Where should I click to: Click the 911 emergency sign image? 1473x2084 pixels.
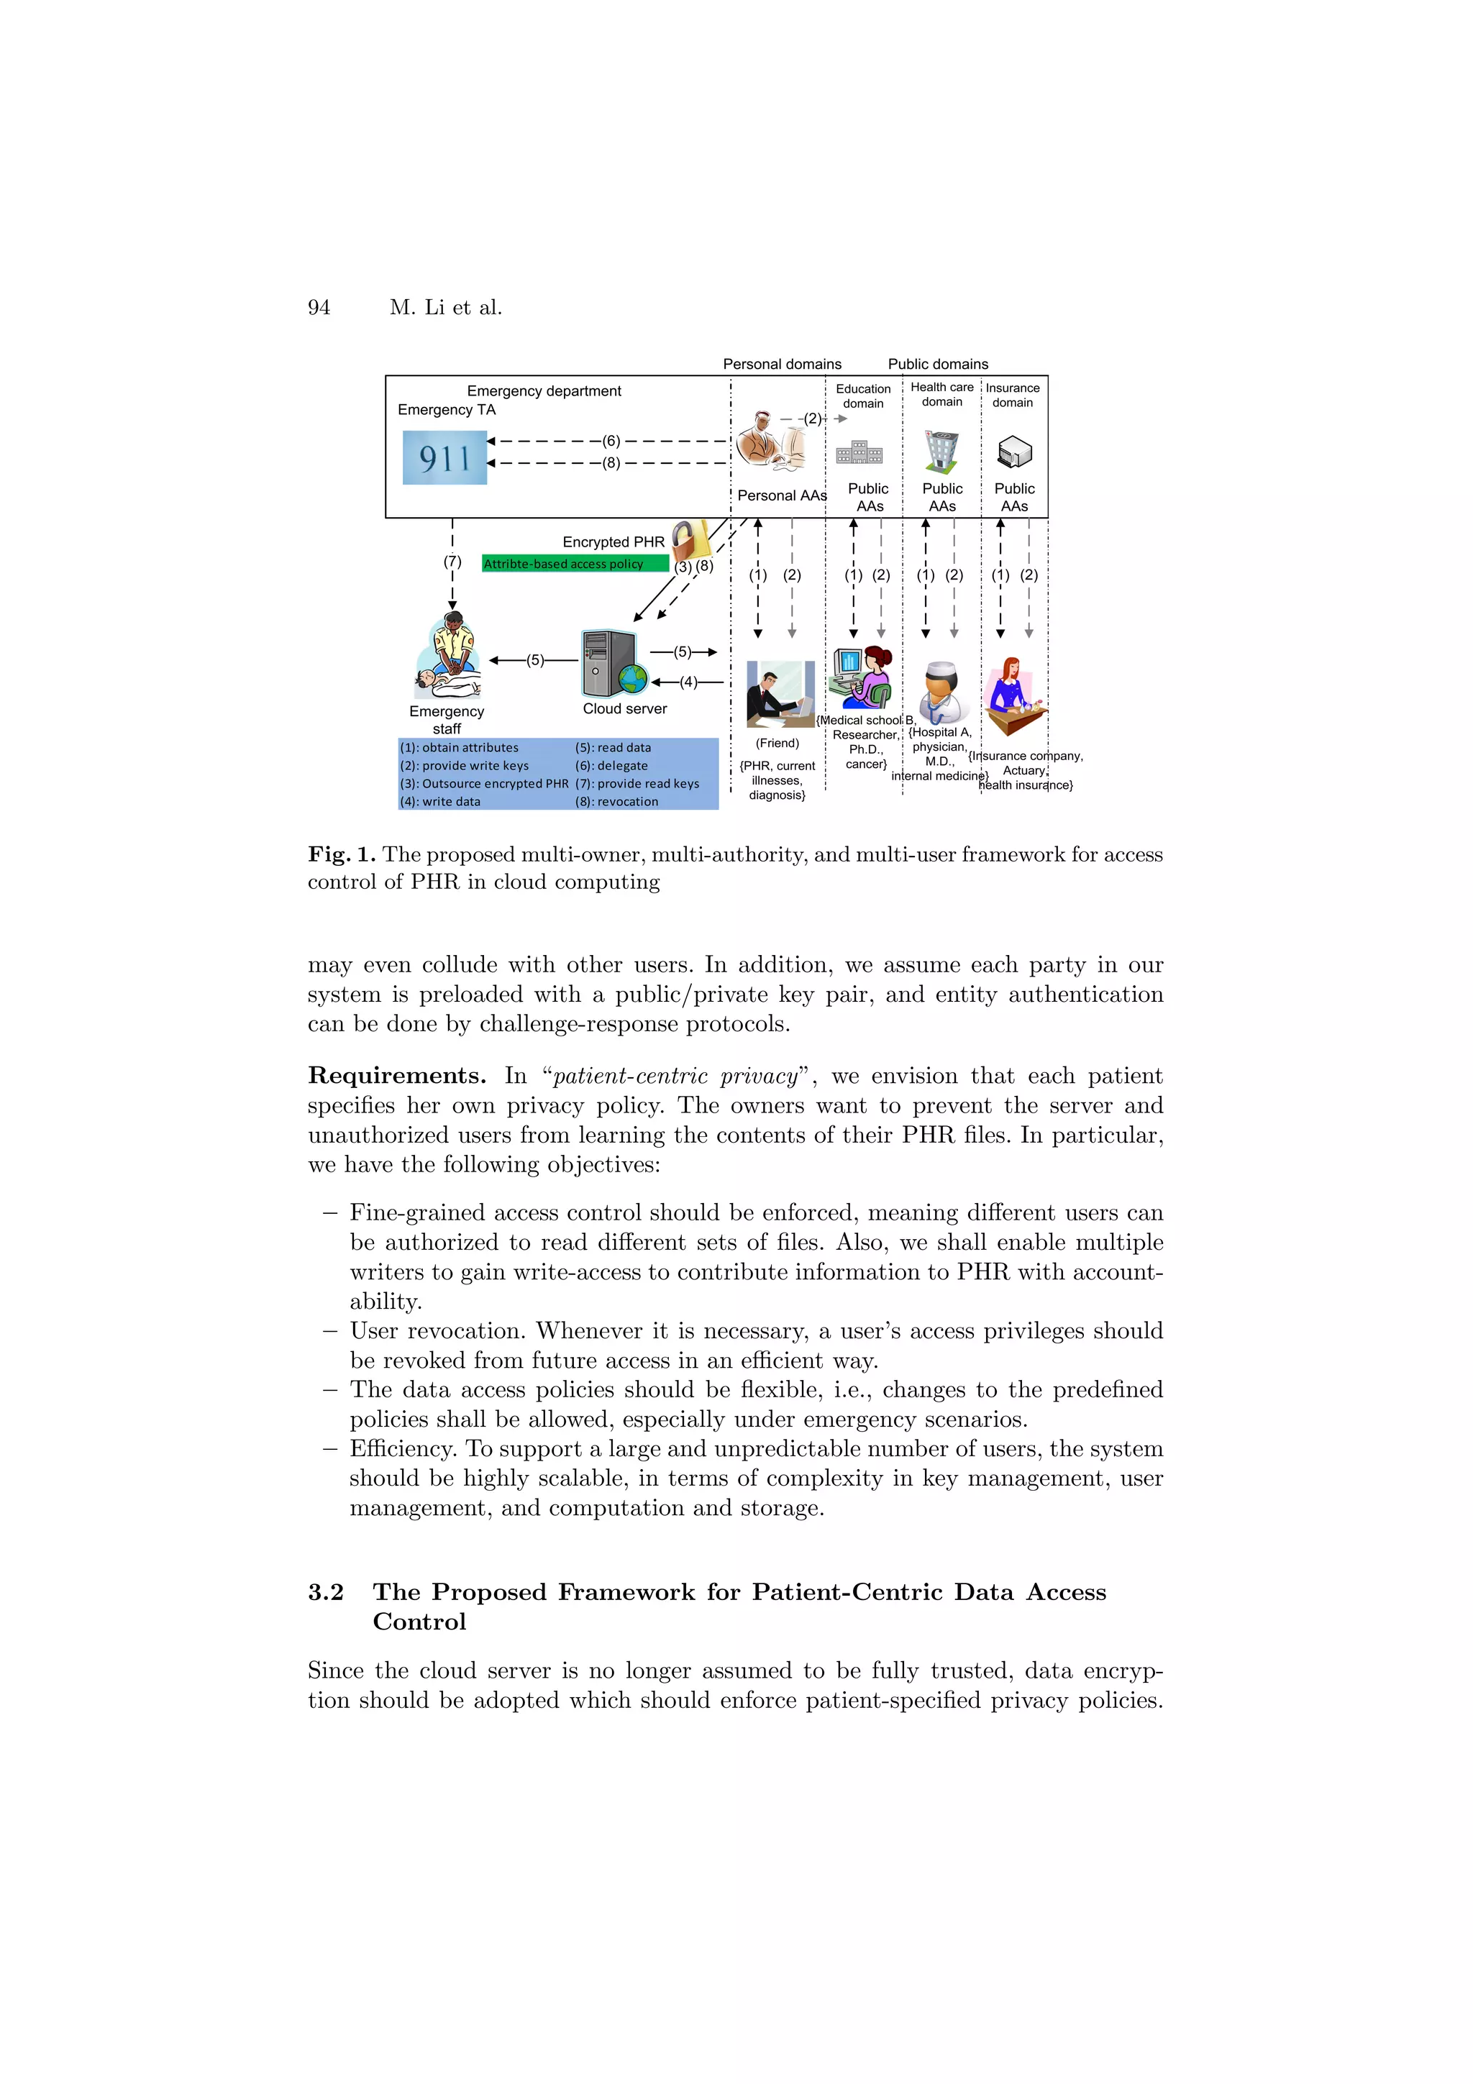click(444, 457)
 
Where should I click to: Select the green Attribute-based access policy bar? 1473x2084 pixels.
click(575, 564)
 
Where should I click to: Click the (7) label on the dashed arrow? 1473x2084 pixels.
click(452, 561)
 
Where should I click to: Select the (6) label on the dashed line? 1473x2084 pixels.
click(611, 441)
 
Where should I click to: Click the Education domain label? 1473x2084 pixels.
click(862, 396)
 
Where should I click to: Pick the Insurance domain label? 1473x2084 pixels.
click(1012, 395)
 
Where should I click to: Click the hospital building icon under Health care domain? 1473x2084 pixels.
click(941, 451)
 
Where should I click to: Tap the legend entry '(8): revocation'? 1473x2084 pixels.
click(616, 802)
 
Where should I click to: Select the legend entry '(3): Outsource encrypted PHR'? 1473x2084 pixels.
click(484, 783)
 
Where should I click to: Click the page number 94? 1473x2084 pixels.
click(319, 308)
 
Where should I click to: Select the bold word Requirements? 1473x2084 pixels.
click(396, 1076)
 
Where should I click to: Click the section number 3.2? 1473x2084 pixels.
click(326, 1592)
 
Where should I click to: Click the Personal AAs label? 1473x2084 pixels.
click(781, 495)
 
